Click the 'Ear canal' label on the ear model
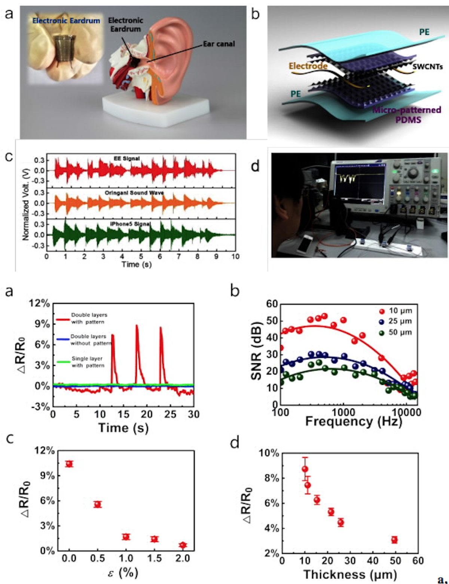pos(219,44)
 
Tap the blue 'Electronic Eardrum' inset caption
pos(66,21)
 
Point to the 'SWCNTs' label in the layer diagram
pos(428,67)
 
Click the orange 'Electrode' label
pos(308,66)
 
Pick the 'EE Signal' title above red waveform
pos(126,158)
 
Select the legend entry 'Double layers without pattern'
pos(91,340)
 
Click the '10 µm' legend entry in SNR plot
pos(400,311)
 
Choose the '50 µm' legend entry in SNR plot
pos(400,332)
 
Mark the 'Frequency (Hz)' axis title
pos(353,422)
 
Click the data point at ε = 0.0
pos(69,464)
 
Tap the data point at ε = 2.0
pos(182,545)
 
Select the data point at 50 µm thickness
pos(394,540)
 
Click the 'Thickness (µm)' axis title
pos(350,574)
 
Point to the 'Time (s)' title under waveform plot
pos(136,264)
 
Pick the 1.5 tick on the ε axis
pos(154,558)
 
